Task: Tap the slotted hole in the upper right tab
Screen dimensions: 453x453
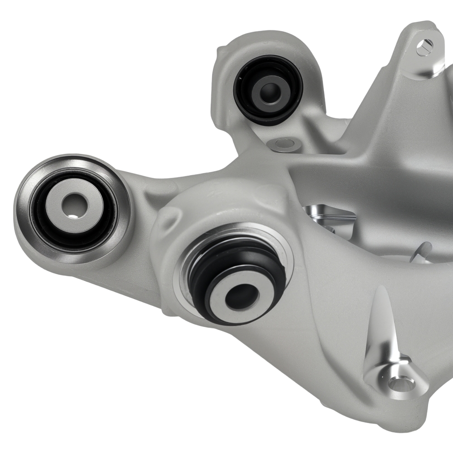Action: [x=424, y=46]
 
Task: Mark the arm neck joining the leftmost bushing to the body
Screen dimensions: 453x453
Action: [x=136, y=190]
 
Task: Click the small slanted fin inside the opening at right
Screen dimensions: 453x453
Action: [x=424, y=251]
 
